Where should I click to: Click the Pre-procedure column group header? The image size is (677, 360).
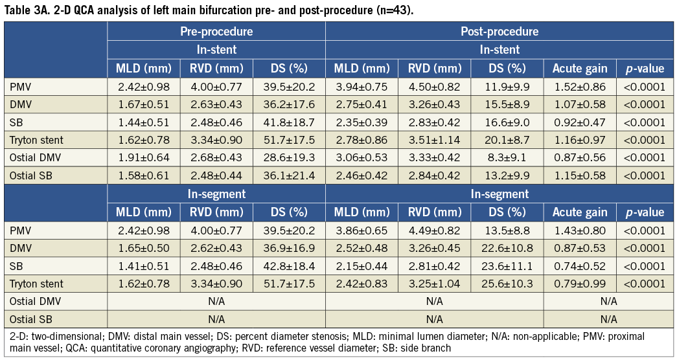tap(216, 31)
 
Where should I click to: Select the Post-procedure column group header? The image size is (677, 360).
tap(499, 31)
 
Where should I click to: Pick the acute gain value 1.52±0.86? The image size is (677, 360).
tap(579, 87)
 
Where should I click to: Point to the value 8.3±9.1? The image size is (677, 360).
tap(507, 157)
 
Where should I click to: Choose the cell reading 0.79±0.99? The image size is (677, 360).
tap(579, 284)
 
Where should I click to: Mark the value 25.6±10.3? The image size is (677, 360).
tap(507, 284)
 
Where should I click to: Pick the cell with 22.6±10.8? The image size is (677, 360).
tap(507, 248)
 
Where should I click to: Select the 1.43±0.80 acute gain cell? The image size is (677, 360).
tap(579, 230)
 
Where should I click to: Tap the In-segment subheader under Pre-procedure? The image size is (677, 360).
tap(216, 194)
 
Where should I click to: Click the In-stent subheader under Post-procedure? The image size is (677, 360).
tap(499, 49)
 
